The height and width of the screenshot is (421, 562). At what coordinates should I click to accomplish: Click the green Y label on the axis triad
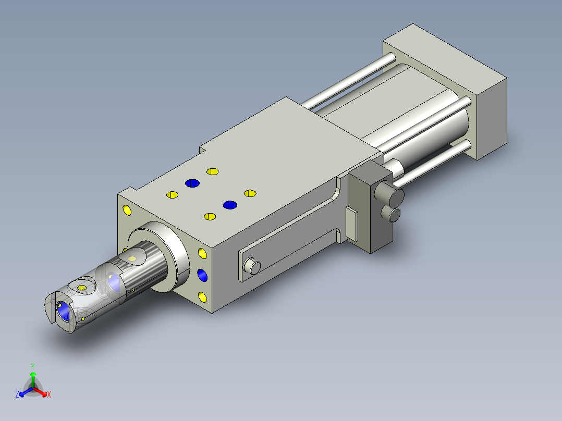pos(33,366)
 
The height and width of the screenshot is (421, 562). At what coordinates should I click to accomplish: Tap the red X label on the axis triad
pos(49,394)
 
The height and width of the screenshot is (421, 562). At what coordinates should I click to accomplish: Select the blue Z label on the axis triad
pos(17,394)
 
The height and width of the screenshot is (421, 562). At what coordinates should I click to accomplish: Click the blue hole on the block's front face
pos(202,275)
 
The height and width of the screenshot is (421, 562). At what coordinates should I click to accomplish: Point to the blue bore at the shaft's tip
pos(63,311)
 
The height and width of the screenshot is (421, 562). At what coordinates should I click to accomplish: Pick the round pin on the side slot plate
pos(252,266)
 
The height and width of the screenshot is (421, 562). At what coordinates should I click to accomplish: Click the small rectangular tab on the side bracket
pos(351,224)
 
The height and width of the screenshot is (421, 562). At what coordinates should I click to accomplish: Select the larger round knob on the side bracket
pos(389,193)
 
